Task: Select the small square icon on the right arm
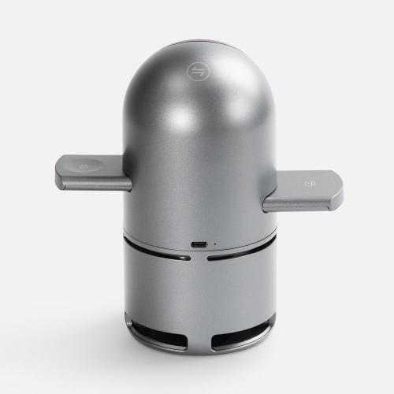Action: [310, 187]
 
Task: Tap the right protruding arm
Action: [303, 190]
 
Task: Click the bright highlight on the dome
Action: [177, 114]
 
